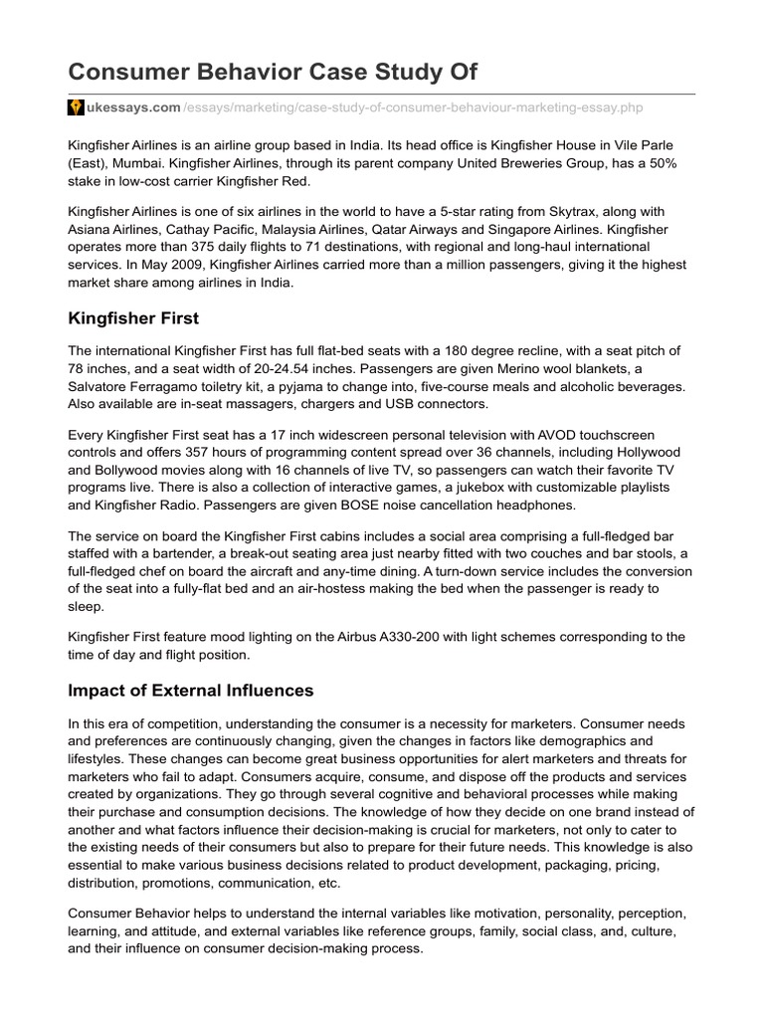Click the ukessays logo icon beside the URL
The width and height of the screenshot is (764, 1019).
tap(76, 107)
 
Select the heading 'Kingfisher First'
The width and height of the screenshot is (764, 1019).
tap(133, 318)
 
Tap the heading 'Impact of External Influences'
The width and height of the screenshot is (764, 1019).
tap(190, 690)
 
